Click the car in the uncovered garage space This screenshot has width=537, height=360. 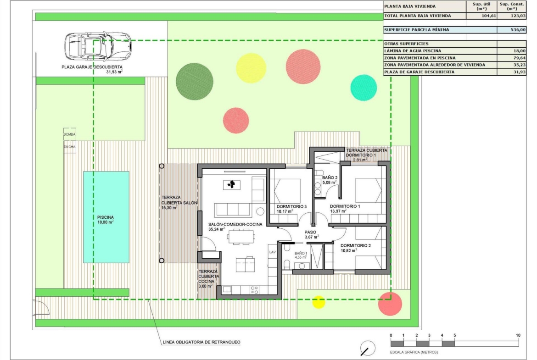(x=98, y=46)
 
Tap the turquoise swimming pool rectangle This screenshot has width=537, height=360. (x=106, y=217)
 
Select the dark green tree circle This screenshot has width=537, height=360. (x=195, y=82)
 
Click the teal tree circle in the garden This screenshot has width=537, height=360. (x=364, y=88)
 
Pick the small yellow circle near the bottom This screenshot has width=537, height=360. (x=319, y=302)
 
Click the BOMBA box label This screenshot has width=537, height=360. (x=69, y=134)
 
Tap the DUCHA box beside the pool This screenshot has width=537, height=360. (x=69, y=146)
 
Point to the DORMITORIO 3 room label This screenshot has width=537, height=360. (x=291, y=206)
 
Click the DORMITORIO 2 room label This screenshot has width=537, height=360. (x=356, y=245)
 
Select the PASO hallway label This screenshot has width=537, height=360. (x=310, y=232)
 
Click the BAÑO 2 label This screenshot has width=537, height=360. (x=330, y=177)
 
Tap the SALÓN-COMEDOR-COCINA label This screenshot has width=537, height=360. (x=235, y=225)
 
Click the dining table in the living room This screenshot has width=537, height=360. (x=241, y=237)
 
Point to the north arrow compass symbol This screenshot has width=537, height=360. (x=368, y=348)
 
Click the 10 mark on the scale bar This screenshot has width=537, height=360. (x=518, y=335)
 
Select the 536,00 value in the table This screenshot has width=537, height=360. (x=518, y=30)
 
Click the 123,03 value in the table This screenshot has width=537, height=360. (x=518, y=16)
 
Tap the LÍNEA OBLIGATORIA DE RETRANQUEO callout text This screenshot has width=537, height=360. (x=201, y=342)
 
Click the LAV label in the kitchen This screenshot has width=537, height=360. (x=273, y=252)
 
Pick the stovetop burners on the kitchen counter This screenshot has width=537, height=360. (x=254, y=290)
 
